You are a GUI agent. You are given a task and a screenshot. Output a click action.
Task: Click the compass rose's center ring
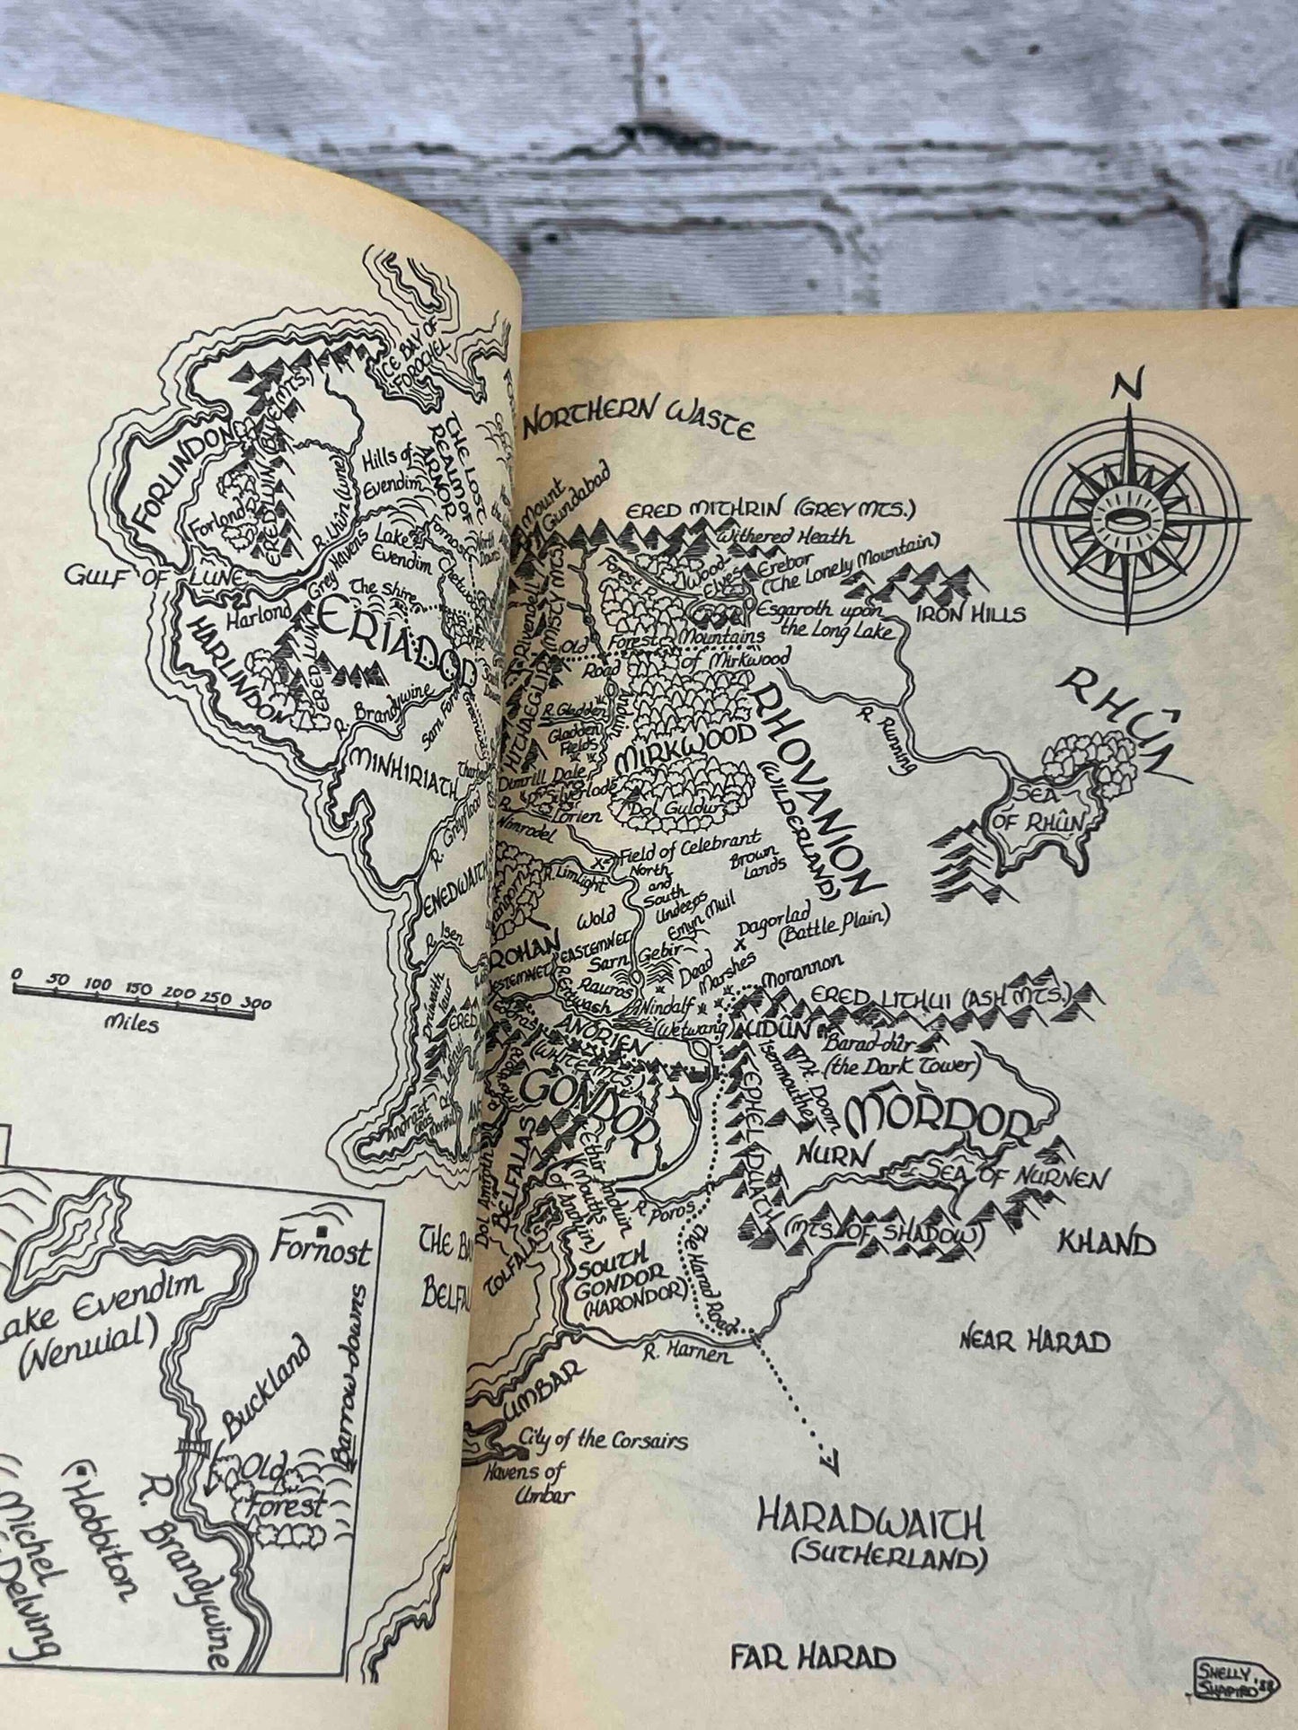coord(1127,520)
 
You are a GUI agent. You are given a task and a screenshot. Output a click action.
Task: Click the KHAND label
coord(1107,1243)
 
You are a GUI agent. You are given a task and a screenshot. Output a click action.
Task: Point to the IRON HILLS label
coord(970,614)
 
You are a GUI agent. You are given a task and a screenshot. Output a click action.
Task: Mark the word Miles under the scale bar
coord(131,1022)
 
